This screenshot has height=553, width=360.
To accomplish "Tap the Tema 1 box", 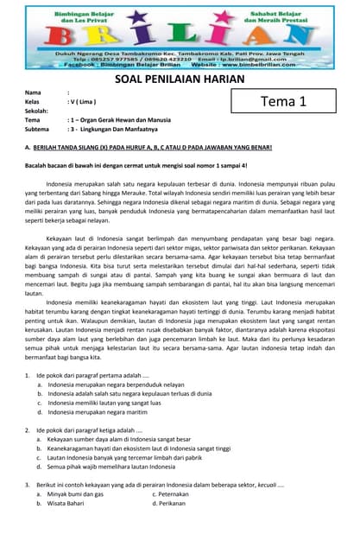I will click(284, 101).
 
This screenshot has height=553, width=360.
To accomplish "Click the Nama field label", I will click(33, 92).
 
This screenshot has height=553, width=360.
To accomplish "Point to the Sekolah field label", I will click(36, 111).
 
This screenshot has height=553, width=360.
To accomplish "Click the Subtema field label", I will click(37, 129).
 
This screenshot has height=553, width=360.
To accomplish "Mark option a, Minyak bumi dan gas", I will click(74, 493).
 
